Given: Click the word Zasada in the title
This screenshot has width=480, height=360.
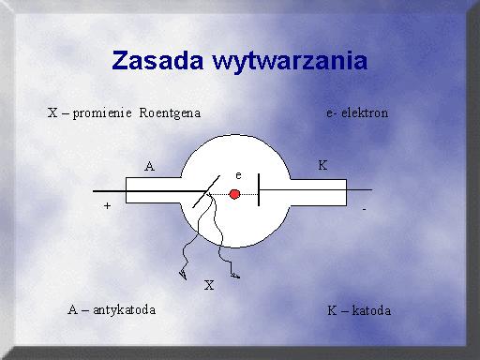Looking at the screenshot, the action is pos(157,60).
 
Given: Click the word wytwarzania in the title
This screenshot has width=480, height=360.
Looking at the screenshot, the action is pos(290,62).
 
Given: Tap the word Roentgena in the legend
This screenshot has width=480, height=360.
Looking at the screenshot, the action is pos(170,113).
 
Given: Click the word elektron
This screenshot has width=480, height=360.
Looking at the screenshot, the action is pos(365,112).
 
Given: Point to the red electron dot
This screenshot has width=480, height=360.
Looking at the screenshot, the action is pos(234,194).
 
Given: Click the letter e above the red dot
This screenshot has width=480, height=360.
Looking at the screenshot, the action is pos(238,175).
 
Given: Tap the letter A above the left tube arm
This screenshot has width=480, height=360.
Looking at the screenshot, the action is pos(149,166).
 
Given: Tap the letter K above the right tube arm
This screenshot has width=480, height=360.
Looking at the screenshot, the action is pos(322,165).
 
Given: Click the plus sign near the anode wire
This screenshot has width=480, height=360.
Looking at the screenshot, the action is pos(107,205).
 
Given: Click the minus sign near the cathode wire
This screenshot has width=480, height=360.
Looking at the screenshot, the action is pos(364,209).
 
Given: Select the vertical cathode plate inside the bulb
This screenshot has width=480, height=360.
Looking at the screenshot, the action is pos(259,190).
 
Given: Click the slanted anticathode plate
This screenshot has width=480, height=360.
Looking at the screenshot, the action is pos(206,191).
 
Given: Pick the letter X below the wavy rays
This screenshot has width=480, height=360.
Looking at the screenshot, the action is pos(209,285).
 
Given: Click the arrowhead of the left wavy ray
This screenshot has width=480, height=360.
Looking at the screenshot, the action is pos(183,275).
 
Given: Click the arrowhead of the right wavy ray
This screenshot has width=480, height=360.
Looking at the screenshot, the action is pos(235,276).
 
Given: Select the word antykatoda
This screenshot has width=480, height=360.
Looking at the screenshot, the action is pos(125,310).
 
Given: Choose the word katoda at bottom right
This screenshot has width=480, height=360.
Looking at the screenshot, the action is pos(371,310).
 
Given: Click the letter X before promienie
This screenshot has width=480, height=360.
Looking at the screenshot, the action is pos(52,112).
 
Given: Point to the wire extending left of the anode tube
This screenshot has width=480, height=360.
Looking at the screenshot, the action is pos(110,191).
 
